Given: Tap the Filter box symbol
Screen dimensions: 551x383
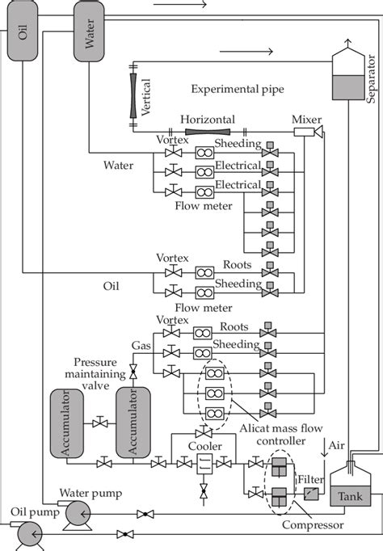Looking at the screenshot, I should [309, 494].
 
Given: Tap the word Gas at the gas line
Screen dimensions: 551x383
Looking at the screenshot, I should [141, 344].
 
